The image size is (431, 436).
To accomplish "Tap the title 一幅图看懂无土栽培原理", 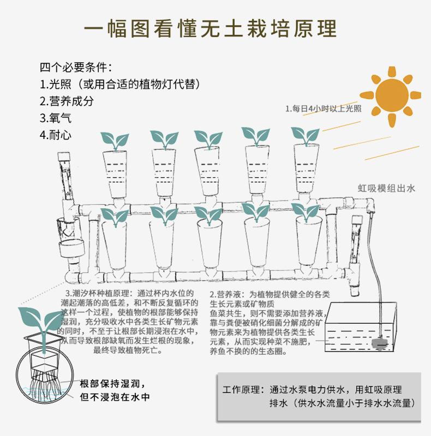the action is pyautogui.click(x=215, y=28).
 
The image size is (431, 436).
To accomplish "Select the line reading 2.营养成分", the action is pyautogui.click(x=67, y=101).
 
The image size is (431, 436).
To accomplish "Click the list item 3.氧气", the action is pyautogui.click(x=56, y=118).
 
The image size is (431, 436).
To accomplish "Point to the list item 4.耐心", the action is pyautogui.click(x=56, y=135).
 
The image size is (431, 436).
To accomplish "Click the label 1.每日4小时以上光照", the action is pyautogui.click(x=323, y=108).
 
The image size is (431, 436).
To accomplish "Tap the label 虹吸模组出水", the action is pyautogui.click(x=386, y=189).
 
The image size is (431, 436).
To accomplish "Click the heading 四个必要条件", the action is pyautogui.click(x=76, y=68).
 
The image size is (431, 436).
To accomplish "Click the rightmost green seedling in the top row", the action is pyautogui.click(x=305, y=137).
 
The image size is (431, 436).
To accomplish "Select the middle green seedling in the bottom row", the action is pyautogui.click(x=208, y=214).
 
